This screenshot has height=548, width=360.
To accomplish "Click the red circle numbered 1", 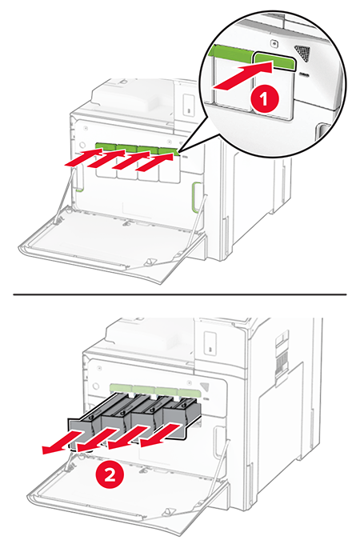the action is coord(265,99).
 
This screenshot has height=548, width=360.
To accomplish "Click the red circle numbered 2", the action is coord(110,475).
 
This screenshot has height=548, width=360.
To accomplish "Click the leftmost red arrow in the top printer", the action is coord(84,157).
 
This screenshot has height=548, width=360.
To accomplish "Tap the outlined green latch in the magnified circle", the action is coord(274,62).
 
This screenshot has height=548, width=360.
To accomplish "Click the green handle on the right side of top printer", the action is coord(196,197).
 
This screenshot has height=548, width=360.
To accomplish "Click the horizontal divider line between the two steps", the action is coord(180,294).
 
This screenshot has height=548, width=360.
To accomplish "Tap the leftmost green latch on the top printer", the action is coord(106,147).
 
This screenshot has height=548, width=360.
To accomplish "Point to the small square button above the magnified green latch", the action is coord(274,43).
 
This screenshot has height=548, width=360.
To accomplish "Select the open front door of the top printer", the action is coord(113,245).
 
